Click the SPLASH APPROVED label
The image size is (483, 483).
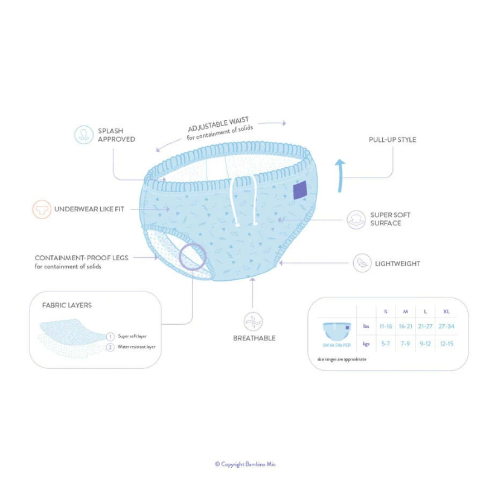116,135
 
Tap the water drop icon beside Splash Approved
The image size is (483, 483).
84,135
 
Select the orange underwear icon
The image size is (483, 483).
41,210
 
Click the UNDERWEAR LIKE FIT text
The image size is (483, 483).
89,210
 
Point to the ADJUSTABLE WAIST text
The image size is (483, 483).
218,125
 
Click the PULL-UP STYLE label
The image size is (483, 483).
392,140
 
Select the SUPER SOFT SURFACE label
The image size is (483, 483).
390,219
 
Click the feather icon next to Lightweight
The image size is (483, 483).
362,263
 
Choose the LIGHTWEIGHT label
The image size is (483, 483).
397,264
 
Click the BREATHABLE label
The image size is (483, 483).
254,338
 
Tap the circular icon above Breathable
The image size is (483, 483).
252,321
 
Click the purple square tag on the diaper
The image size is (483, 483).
300,190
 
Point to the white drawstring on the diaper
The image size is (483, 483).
245,202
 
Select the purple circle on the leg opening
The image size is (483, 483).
193,257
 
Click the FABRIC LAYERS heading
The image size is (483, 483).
67,305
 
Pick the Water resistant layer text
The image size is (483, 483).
136,347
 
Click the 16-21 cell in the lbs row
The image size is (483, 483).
405,326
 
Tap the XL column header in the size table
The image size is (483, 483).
446,312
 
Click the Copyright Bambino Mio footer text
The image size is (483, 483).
245,464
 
